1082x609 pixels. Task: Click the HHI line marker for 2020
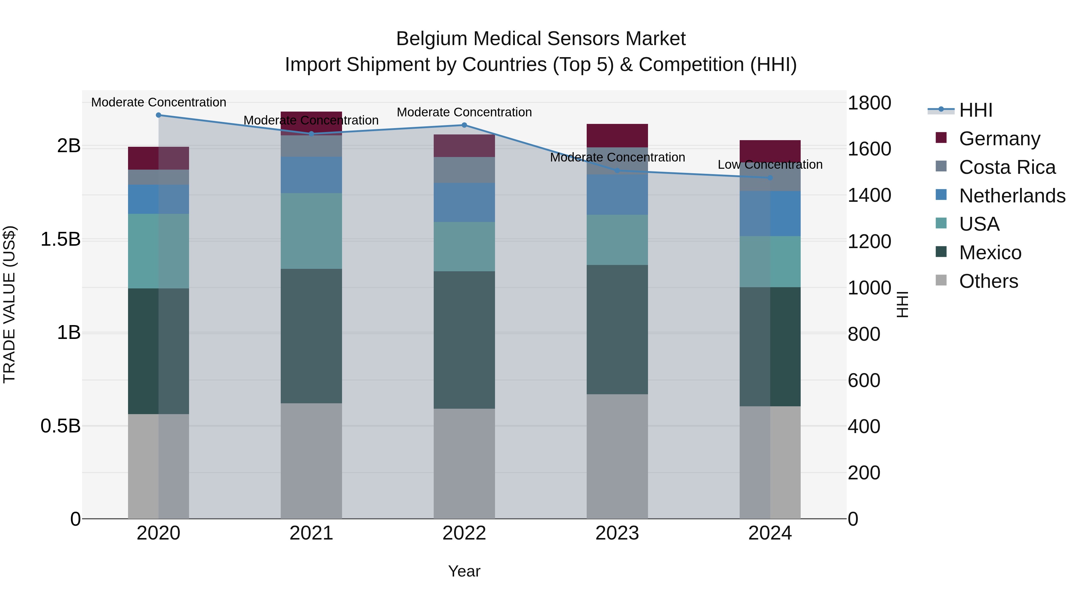[158, 115]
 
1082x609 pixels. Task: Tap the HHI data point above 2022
[464, 125]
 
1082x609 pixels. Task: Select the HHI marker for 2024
[770, 178]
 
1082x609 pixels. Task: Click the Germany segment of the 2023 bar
[617, 135]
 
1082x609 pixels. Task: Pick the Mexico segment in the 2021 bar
[311, 336]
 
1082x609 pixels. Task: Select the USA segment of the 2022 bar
[464, 246]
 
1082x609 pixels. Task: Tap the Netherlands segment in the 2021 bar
[311, 175]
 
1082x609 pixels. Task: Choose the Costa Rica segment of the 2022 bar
[464, 170]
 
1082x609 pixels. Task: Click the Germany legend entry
[999, 139]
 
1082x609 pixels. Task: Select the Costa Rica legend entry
[1007, 167]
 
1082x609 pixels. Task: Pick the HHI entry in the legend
[975, 110]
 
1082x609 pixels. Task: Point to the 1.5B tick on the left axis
[60, 240]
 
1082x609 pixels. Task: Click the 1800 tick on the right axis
[869, 103]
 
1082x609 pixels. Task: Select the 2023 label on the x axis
[617, 533]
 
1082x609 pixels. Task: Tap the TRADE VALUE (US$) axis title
[9, 304]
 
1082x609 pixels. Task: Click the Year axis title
[464, 571]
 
